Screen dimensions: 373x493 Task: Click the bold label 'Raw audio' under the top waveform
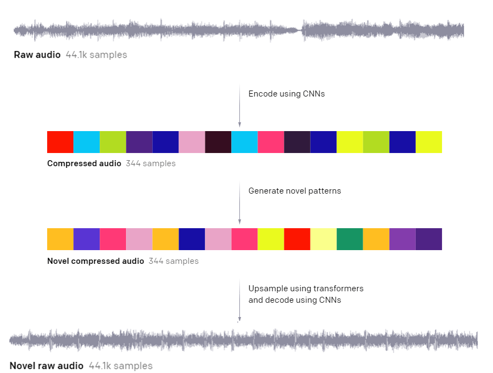(37, 55)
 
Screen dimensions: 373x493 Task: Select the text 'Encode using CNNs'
(286, 94)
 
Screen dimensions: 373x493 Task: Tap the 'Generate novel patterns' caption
(295, 191)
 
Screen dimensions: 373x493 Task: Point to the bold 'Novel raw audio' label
(47, 365)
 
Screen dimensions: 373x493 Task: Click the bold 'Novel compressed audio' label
(95, 261)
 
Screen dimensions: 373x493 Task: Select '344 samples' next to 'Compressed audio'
(151, 163)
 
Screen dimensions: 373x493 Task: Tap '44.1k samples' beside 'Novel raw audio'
(121, 365)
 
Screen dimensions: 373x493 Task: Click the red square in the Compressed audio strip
(60, 142)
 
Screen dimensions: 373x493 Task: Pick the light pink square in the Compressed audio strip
(192, 142)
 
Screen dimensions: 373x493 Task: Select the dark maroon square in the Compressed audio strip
(218, 142)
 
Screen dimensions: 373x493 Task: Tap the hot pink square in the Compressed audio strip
(271, 142)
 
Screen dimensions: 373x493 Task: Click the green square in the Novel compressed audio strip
(349, 239)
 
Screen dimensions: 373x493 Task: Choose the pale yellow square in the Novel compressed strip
(323, 239)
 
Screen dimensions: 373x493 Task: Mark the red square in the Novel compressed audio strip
(297, 239)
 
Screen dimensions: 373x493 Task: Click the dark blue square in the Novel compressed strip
(192, 239)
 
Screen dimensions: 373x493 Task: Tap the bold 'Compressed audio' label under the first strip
(84, 163)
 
